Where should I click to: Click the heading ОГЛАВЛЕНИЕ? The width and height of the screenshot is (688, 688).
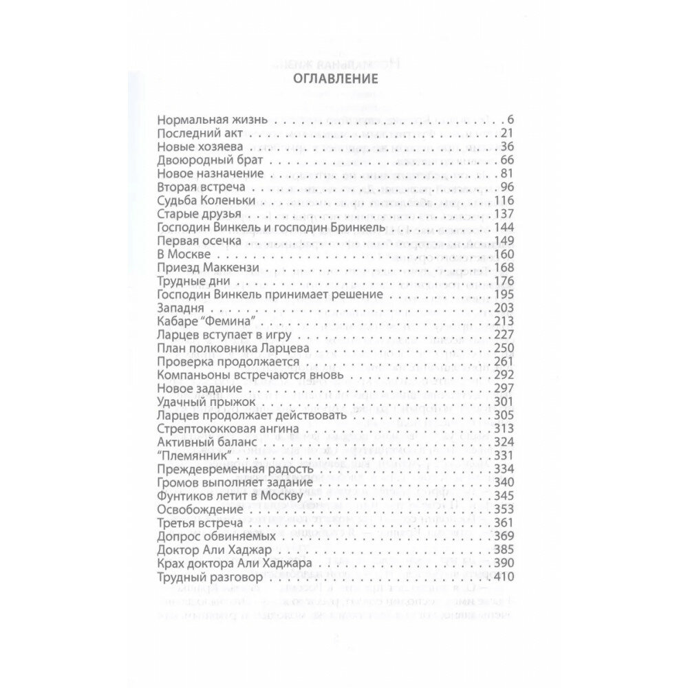click(x=343, y=78)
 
